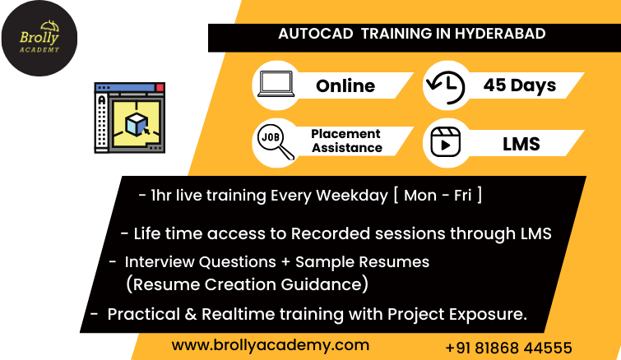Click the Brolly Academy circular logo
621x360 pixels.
(39, 39)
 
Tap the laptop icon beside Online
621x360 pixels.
(276, 84)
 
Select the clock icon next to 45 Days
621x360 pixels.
(446, 86)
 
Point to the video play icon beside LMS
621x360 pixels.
(446, 142)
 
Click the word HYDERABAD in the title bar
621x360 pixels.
(500, 34)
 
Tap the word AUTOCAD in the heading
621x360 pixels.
(316, 34)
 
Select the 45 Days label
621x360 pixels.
(520, 85)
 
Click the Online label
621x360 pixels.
(345, 85)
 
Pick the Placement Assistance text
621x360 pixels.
(346, 141)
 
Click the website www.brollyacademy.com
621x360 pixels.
(271, 345)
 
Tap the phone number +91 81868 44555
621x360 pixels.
(508, 348)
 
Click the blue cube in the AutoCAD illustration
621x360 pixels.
(137, 124)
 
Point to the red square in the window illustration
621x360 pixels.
(160, 87)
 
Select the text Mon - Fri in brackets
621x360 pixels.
(438, 196)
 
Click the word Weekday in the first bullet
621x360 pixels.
(352, 196)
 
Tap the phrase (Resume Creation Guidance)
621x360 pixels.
(247, 284)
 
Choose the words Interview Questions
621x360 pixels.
(201, 262)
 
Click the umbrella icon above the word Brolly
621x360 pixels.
(50, 26)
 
